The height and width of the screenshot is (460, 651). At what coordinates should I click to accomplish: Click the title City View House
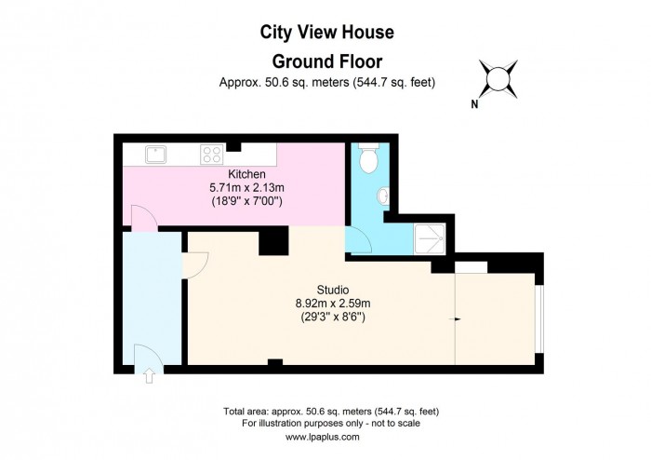tap(325, 33)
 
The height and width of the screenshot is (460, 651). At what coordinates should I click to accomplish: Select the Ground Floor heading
tap(325, 61)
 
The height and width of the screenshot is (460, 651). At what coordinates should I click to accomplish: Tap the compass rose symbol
tap(499, 77)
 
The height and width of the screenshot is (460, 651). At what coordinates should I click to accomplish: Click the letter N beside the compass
tap(474, 104)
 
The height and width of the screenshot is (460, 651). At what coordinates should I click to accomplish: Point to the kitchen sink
tap(155, 153)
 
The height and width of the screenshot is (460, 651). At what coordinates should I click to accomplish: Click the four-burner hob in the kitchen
tap(212, 154)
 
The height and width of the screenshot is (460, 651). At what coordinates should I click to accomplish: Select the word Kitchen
tap(247, 174)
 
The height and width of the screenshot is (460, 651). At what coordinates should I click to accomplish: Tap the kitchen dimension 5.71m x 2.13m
tap(247, 187)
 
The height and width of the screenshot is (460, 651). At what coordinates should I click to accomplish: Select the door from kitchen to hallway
tap(141, 220)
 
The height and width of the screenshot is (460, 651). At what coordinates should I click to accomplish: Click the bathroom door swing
tap(358, 241)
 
